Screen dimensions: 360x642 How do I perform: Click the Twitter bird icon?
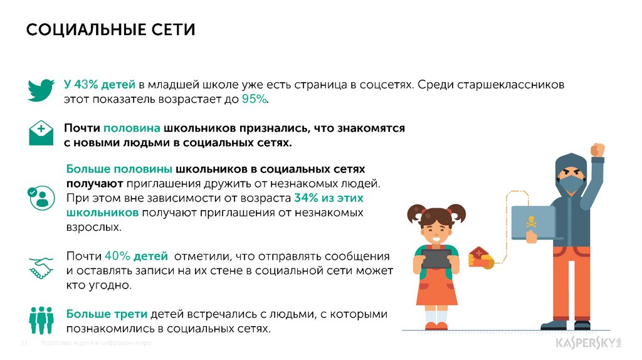click(42, 90)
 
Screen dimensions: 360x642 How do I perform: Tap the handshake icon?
click(42, 268)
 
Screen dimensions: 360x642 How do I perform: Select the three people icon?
click(42, 319)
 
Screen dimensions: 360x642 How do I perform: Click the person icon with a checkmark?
click(41, 197)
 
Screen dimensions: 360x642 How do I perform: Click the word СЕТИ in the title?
click(171, 30)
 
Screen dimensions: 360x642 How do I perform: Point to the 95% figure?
click(255, 99)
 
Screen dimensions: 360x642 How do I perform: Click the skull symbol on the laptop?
click(532, 221)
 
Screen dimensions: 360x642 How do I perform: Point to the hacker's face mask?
click(571, 184)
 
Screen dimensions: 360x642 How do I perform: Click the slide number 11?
click(26, 344)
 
